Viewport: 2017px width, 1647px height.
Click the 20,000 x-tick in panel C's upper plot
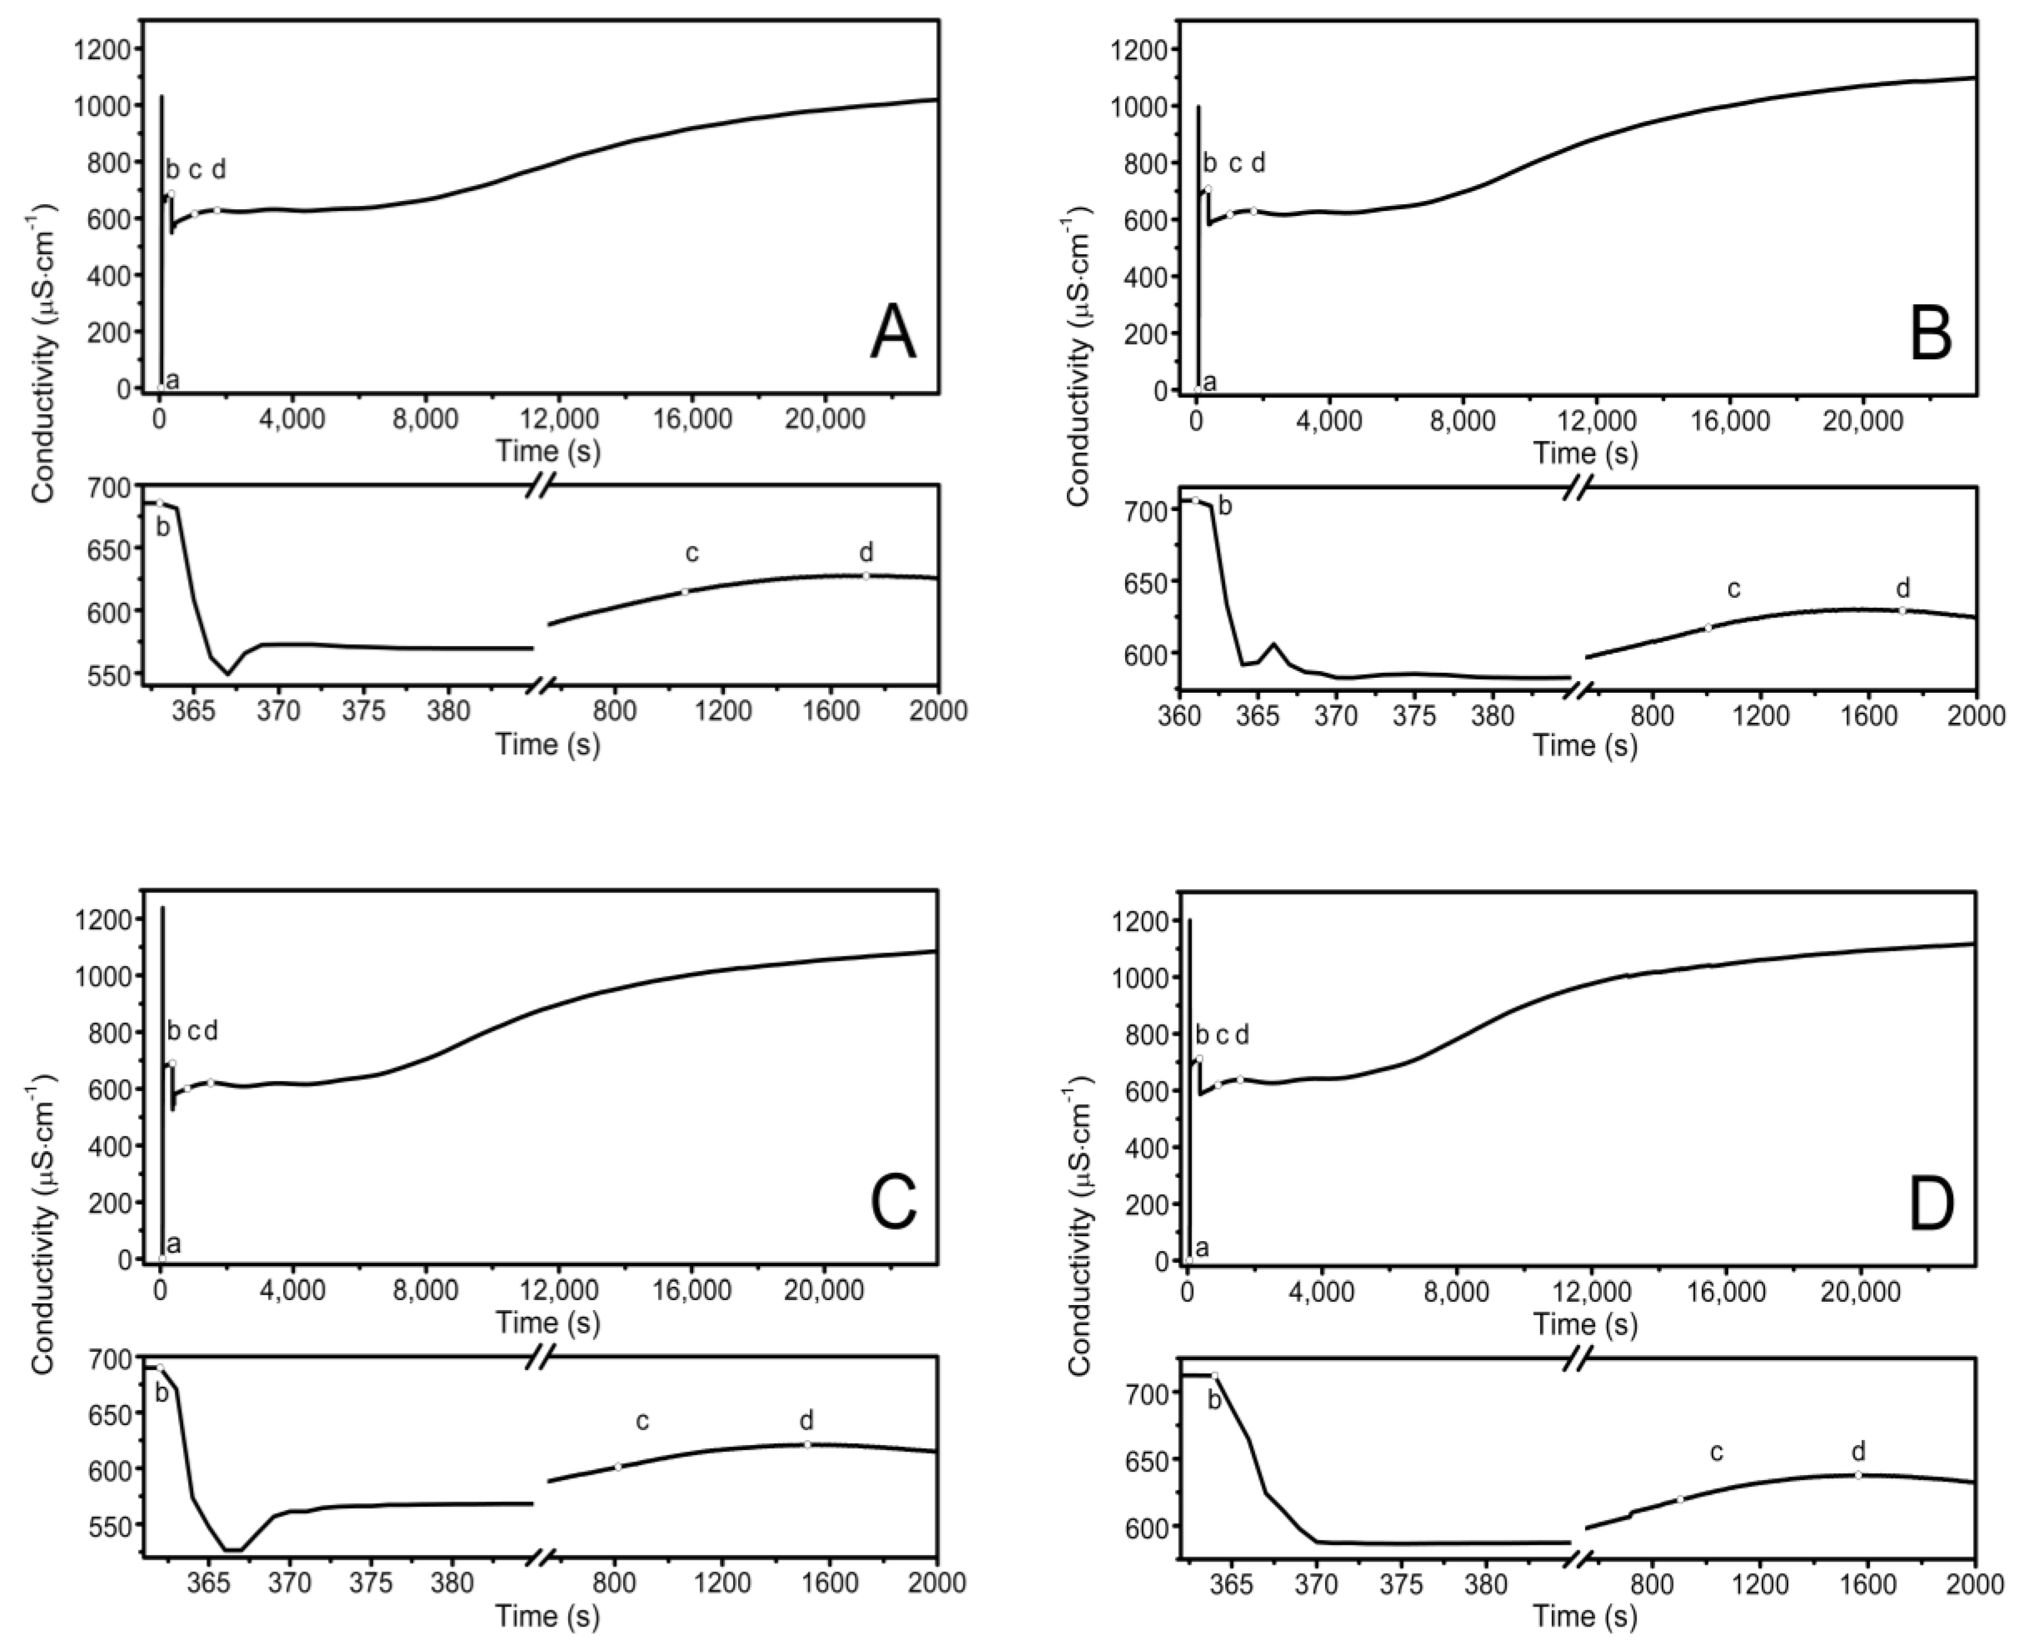coord(824,1290)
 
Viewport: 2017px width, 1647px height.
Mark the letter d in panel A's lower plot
coord(865,552)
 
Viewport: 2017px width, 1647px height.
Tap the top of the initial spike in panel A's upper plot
coord(162,96)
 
